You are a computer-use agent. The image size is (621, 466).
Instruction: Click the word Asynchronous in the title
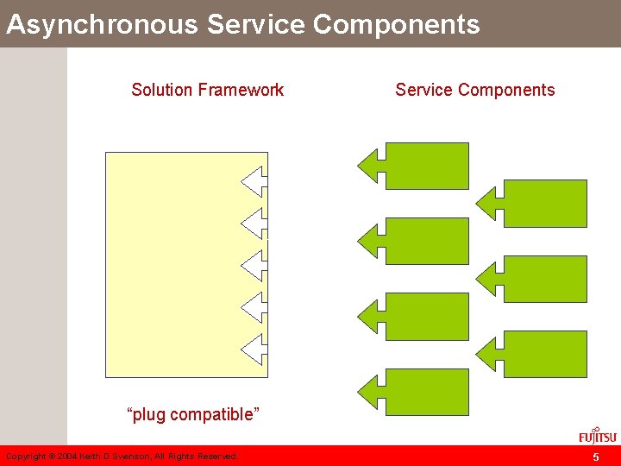[103, 24]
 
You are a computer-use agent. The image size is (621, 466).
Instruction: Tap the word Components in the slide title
[396, 24]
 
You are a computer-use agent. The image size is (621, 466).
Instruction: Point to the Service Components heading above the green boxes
[475, 90]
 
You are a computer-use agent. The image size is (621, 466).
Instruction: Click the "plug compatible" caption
[193, 414]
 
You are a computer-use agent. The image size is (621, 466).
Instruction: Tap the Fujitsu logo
[598, 434]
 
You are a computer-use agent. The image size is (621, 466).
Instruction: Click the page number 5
[595, 457]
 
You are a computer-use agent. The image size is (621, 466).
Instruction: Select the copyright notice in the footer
[122, 457]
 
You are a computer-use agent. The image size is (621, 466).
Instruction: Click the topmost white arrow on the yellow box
[255, 182]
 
